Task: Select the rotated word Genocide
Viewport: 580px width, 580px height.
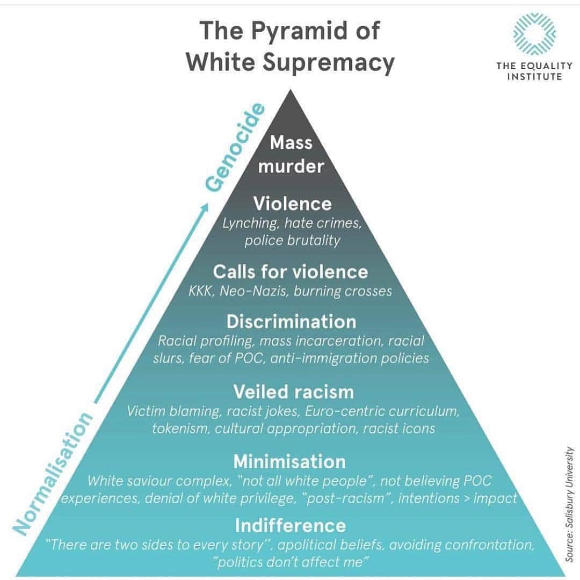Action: coord(235,148)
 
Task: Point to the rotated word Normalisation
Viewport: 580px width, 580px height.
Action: coord(53,473)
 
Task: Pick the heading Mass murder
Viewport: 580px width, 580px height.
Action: coord(291,154)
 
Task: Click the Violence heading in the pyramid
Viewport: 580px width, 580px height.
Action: coord(292,204)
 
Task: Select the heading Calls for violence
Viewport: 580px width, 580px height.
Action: coord(291,272)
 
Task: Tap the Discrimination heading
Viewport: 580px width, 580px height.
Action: coord(291,322)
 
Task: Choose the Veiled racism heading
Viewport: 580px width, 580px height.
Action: coord(293,392)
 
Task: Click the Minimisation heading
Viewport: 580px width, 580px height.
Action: coord(289,462)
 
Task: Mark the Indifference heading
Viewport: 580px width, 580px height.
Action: coord(291,526)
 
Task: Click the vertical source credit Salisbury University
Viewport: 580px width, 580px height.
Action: coord(570,505)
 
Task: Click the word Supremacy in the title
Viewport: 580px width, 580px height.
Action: coord(329,63)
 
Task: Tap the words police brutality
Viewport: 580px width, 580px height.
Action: coord(292,241)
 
